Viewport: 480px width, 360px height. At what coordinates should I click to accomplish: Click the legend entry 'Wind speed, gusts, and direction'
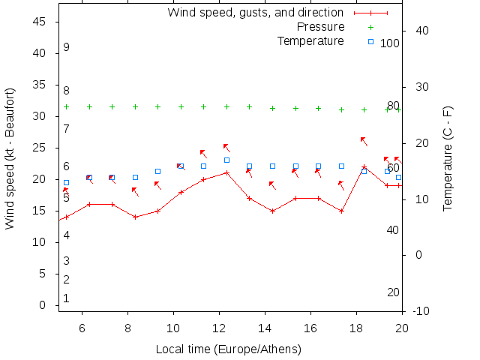[255, 13]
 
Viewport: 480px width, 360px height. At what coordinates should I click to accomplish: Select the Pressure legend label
[320, 27]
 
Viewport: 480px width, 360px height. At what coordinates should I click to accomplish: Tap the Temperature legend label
[310, 40]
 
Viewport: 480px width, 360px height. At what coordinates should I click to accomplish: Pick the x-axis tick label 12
[219, 328]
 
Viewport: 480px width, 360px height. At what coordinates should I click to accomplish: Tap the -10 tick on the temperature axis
[421, 311]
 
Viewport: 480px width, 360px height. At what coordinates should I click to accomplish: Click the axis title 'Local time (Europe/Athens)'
[228, 349]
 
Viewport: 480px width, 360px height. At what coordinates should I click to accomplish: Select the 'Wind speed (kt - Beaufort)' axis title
[10, 158]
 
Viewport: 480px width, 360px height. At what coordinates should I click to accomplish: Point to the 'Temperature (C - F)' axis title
[448, 158]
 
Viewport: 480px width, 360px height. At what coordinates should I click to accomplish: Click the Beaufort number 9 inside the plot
[66, 47]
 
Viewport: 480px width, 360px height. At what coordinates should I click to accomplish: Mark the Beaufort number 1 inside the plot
[66, 298]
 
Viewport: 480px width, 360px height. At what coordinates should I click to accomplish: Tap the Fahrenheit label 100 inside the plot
[389, 43]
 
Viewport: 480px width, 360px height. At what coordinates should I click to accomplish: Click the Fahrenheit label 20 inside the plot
[393, 292]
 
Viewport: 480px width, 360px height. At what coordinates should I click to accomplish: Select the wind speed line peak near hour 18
[364, 167]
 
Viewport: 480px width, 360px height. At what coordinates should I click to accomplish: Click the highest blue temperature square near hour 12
[226, 160]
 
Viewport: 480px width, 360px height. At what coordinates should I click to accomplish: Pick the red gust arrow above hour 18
[364, 141]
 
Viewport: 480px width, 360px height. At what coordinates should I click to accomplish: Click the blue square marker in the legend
[370, 41]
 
